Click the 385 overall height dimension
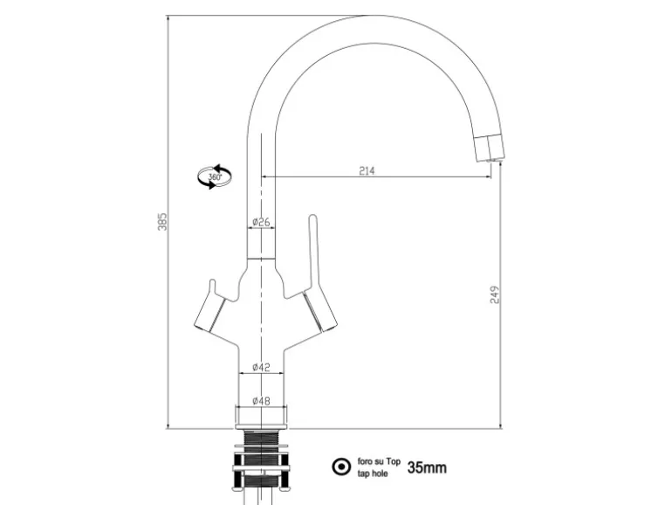tap(162, 221)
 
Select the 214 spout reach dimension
tap(367, 170)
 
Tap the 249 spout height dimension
tap(495, 294)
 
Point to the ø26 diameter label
tap(261, 222)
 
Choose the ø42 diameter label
tap(261, 367)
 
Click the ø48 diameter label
tap(261, 401)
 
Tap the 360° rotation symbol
tap(215, 176)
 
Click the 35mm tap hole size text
tap(427, 467)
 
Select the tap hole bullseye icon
tap(341, 467)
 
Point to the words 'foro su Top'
tap(379, 461)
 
